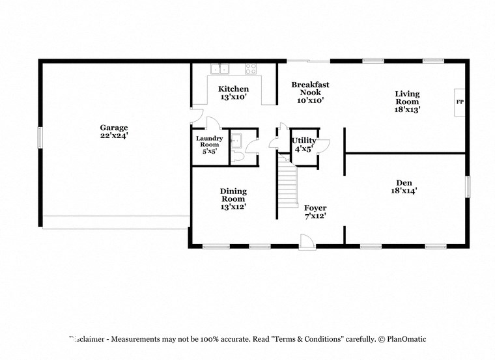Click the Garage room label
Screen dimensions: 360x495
pyautogui.click(x=113, y=132)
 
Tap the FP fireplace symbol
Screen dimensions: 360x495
pyautogui.click(x=459, y=103)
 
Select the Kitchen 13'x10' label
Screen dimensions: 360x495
pyautogui.click(x=233, y=93)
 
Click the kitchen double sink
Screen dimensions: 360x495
pyautogui.click(x=221, y=68)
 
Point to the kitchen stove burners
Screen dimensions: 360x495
pyautogui.click(x=251, y=68)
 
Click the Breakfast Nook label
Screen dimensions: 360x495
pyautogui.click(x=310, y=92)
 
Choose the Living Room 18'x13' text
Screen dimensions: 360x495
pyautogui.click(x=407, y=102)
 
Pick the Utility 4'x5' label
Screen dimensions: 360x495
pyautogui.click(x=304, y=144)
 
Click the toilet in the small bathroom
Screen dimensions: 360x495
pyautogui.click(x=238, y=157)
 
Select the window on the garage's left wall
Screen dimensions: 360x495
pyautogui.click(x=40, y=137)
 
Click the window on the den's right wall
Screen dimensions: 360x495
pyautogui.click(x=467, y=186)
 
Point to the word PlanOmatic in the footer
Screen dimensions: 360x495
pyautogui.click(x=406, y=339)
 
